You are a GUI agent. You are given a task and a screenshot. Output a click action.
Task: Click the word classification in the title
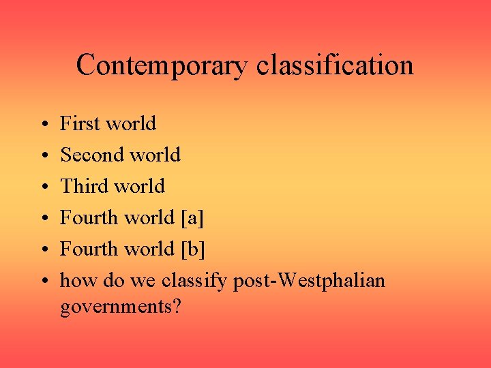click(335, 66)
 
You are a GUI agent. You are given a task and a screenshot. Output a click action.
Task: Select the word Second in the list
click(91, 155)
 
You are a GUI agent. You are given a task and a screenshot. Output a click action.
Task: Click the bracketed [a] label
click(192, 218)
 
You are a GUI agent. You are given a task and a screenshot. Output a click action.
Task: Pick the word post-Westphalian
click(309, 280)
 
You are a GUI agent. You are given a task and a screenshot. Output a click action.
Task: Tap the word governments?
click(121, 307)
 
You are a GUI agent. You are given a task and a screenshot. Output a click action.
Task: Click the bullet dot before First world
click(43, 125)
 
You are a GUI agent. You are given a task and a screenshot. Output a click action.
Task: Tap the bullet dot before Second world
click(43, 156)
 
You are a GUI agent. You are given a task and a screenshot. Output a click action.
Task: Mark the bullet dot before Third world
click(43, 187)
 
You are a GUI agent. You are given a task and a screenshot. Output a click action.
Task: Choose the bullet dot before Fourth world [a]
click(43, 219)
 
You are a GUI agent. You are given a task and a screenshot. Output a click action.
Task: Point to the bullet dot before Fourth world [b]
click(43, 250)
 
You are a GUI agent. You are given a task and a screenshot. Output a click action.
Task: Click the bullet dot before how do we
click(43, 281)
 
